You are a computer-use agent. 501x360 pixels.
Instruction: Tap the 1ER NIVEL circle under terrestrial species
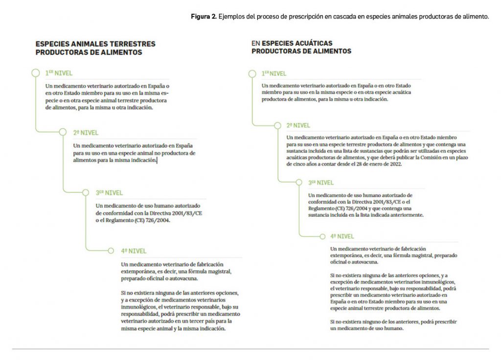click(35, 73)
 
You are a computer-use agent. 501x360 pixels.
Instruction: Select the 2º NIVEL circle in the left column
click(63, 132)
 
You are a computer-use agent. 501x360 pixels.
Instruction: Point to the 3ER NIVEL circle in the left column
click(85, 192)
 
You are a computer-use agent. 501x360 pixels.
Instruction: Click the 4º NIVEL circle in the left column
click(111, 251)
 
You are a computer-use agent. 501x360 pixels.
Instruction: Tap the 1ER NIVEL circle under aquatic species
click(252, 73)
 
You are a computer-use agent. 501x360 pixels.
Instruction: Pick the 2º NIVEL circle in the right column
click(277, 125)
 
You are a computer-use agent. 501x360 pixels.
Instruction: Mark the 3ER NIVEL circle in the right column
click(299, 182)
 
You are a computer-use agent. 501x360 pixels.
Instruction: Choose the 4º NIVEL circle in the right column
click(322, 236)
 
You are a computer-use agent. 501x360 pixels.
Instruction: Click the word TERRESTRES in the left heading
click(133, 44)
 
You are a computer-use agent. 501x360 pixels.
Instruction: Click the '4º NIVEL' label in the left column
click(134, 251)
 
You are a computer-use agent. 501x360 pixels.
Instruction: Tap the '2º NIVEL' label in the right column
click(298, 125)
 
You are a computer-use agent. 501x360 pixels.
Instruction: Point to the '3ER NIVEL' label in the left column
click(110, 193)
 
